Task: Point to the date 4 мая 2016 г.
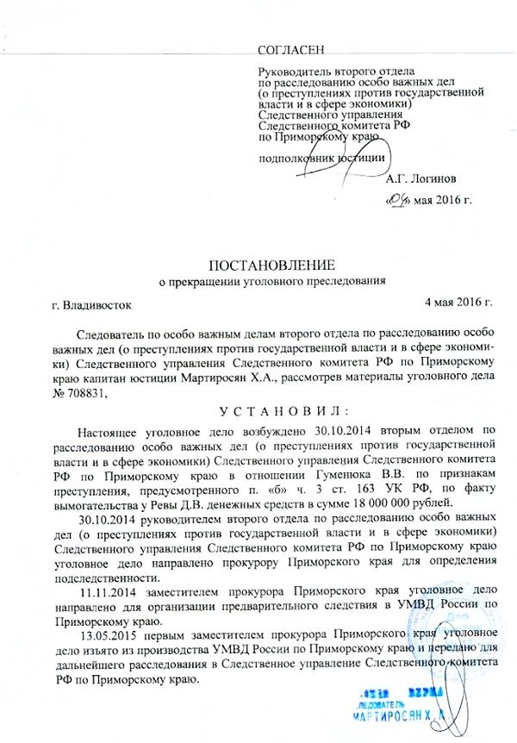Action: pyautogui.click(x=458, y=302)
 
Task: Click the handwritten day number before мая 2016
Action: pyautogui.click(x=397, y=203)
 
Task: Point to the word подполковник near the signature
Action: pyautogui.click(x=296, y=158)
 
